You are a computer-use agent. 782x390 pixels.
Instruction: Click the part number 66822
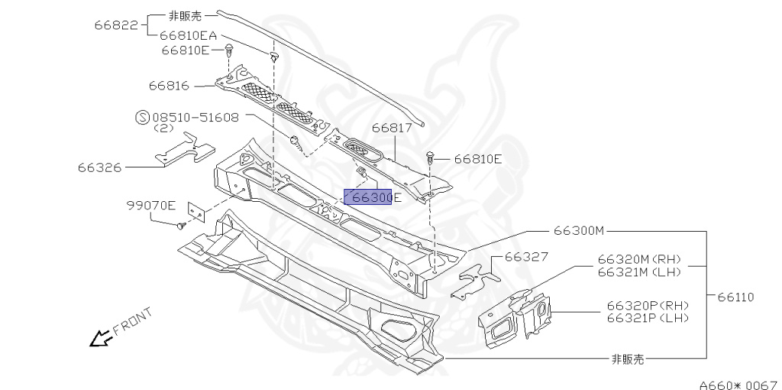[116, 24]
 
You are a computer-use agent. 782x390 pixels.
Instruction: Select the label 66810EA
[188, 36]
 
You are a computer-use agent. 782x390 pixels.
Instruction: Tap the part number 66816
[169, 86]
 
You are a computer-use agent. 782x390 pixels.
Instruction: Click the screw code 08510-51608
[195, 118]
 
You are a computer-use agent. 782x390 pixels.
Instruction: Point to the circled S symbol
[141, 118]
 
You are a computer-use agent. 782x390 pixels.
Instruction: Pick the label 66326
[100, 165]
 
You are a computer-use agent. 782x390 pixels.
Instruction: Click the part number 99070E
[151, 205]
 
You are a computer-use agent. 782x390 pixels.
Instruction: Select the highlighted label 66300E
[371, 198]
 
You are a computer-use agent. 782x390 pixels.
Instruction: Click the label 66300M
[579, 229]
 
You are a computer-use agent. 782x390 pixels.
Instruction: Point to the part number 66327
[526, 257]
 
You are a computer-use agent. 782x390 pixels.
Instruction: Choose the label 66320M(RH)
[639, 258]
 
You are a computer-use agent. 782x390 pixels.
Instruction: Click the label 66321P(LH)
[648, 317]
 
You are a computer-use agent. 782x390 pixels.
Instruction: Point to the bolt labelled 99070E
[181, 226]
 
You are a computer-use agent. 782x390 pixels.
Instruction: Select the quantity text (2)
[165, 129]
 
